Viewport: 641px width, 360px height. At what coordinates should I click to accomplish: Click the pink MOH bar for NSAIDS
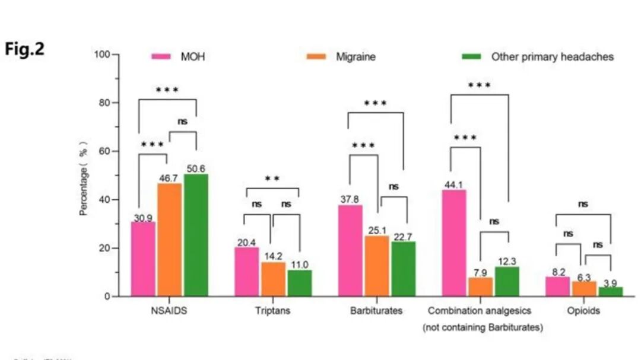pyautogui.click(x=143, y=259)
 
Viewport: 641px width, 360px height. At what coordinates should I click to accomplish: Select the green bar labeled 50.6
pyautogui.click(x=196, y=235)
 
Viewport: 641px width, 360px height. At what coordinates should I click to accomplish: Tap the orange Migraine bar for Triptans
pyautogui.click(x=273, y=279)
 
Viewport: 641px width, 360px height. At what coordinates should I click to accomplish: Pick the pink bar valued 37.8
pyautogui.click(x=350, y=250)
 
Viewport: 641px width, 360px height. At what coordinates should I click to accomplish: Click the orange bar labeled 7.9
pyautogui.click(x=480, y=286)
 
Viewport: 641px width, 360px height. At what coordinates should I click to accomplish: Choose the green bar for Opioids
pyautogui.click(x=611, y=291)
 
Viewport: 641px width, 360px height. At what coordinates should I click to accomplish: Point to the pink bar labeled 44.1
pyautogui.click(x=454, y=243)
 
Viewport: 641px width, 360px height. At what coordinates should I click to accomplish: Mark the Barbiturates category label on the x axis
pyautogui.click(x=376, y=311)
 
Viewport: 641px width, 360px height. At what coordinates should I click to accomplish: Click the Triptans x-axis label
pyautogui.click(x=272, y=311)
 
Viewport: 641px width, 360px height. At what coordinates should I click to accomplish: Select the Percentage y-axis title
pyautogui.click(x=84, y=178)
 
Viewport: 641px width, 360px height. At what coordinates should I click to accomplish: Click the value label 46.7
pyautogui.click(x=170, y=178)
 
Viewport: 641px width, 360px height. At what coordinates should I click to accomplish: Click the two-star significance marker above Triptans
pyautogui.click(x=272, y=179)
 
